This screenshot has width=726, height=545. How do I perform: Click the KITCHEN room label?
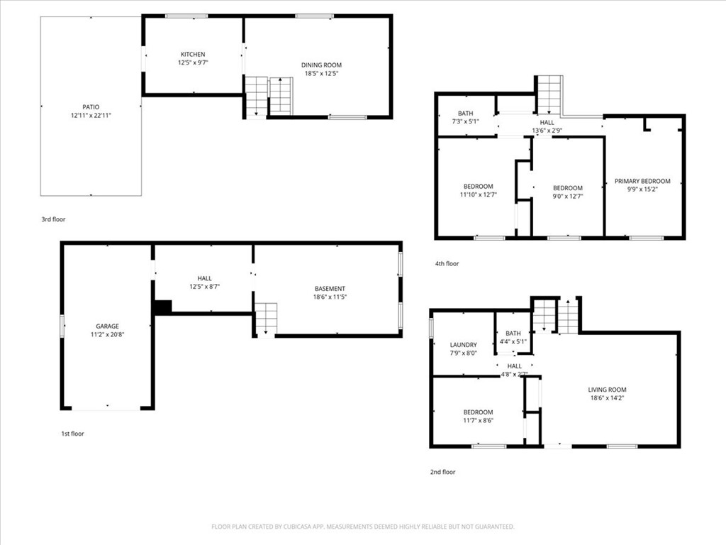pyautogui.click(x=193, y=55)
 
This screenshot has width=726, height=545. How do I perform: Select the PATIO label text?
pyautogui.click(x=91, y=107)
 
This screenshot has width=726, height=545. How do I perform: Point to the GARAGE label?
pyautogui.click(x=107, y=326)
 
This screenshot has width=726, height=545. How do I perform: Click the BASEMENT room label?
pyautogui.click(x=330, y=289)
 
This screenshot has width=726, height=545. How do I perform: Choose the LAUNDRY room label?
pyautogui.click(x=463, y=345)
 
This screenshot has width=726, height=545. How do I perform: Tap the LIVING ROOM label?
pyautogui.click(x=607, y=390)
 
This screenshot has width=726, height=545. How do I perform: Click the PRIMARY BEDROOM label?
pyautogui.click(x=642, y=181)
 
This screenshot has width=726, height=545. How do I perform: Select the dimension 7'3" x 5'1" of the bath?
pyautogui.click(x=465, y=121)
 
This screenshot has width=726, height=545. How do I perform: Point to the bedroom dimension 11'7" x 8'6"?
pyautogui.click(x=478, y=420)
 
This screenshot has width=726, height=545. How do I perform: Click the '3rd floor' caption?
pyautogui.click(x=53, y=220)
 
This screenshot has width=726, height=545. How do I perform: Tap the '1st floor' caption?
pyautogui.click(x=72, y=434)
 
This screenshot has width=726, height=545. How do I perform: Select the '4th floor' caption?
pyautogui.click(x=447, y=264)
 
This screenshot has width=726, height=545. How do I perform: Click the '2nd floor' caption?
pyautogui.click(x=443, y=472)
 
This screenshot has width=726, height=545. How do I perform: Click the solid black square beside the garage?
pyautogui.click(x=163, y=307)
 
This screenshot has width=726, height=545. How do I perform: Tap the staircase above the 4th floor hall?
pyautogui.click(x=549, y=94)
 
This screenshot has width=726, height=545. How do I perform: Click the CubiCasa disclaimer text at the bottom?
pyautogui.click(x=362, y=527)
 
